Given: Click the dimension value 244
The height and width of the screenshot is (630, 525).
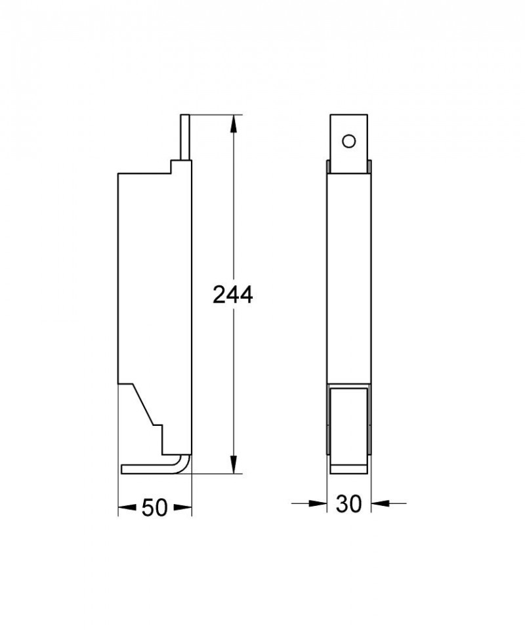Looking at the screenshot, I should click(233, 295).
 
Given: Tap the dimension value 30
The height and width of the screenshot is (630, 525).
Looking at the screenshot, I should click(349, 504).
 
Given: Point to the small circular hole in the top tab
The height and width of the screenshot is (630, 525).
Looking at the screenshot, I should click(349, 140).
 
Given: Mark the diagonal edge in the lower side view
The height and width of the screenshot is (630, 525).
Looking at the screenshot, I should click(145, 404).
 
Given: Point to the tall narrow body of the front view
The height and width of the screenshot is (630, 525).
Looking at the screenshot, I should click(349, 276).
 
